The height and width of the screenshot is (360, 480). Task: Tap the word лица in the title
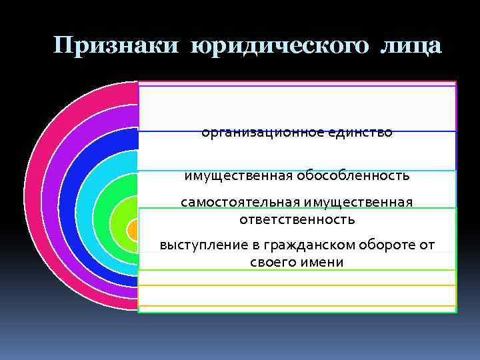[411, 46]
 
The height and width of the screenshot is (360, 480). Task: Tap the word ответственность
[297, 219]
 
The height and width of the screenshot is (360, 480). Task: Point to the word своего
[272, 262]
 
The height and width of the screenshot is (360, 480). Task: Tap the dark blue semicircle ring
[69, 200]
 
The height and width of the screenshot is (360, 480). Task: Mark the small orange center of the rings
[133, 230]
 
